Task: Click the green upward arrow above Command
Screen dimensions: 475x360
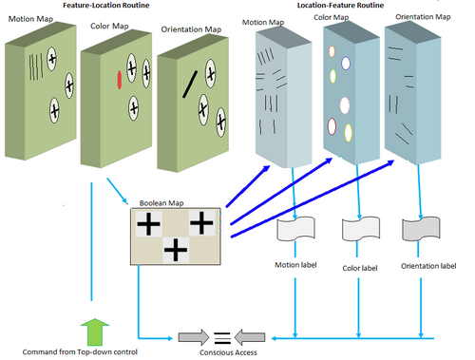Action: [x=95, y=332]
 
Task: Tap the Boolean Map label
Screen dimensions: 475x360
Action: [x=161, y=203]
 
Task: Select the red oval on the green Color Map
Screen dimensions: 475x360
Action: [x=120, y=80]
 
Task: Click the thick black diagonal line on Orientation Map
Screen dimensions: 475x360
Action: [x=190, y=85]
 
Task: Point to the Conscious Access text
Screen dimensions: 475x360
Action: [x=228, y=352]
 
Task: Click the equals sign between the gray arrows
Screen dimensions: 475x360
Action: [x=222, y=338]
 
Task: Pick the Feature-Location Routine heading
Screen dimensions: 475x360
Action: [x=106, y=5]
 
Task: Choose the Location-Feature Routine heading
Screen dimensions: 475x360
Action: [x=340, y=5]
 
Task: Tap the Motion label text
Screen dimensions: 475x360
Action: [x=295, y=265]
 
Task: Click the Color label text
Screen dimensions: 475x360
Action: [x=360, y=268]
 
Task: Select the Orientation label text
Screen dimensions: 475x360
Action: [x=428, y=266]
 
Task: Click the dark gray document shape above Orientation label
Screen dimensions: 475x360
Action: [x=421, y=229]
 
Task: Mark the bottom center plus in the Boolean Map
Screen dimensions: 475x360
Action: [x=176, y=250]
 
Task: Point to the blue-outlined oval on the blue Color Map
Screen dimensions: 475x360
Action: [x=346, y=63]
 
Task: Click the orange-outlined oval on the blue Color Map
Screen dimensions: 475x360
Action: [x=332, y=51]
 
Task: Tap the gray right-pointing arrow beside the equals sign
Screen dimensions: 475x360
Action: [x=194, y=337]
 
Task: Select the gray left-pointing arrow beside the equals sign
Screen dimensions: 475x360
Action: [x=250, y=337]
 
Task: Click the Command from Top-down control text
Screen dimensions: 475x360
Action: [x=80, y=351]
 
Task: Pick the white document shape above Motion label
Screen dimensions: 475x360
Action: [x=295, y=229]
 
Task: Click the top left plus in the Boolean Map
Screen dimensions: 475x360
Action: [x=148, y=224]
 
